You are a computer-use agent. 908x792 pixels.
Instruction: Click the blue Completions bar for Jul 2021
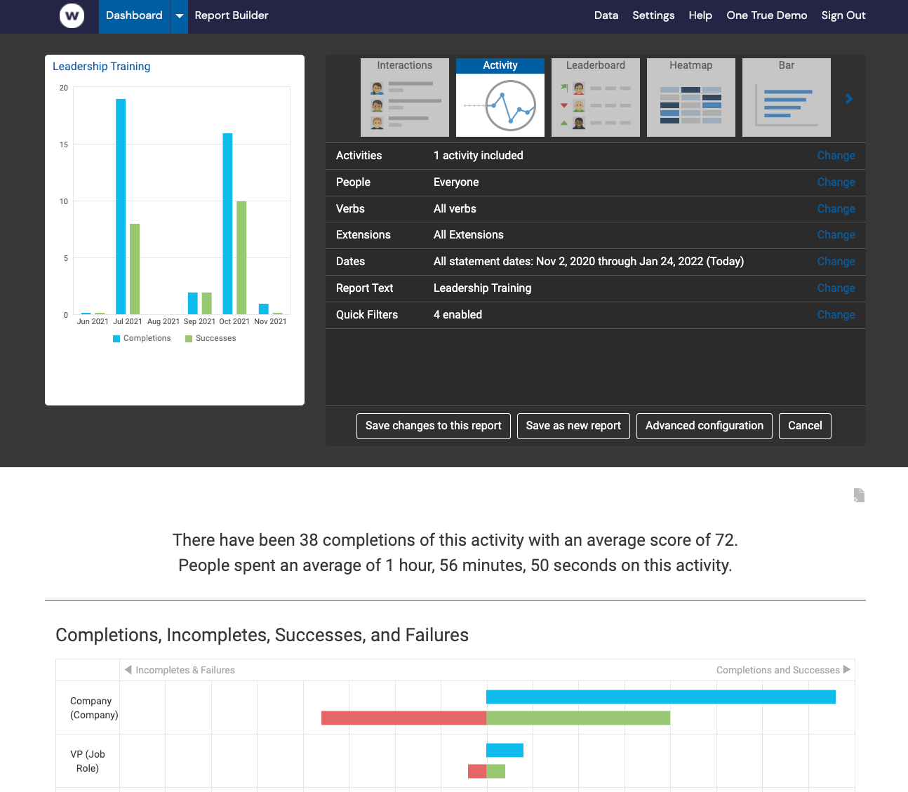(121, 206)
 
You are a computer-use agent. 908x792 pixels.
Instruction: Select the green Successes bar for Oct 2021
(241, 257)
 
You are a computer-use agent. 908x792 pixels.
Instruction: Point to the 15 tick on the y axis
(64, 145)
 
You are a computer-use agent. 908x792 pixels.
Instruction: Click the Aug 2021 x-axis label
(163, 321)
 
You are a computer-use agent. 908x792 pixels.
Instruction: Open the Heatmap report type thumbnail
(690, 98)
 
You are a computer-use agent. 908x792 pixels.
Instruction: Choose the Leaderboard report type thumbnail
(595, 98)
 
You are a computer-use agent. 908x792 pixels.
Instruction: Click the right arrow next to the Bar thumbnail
(849, 99)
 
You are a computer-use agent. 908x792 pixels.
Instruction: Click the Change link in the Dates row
(836, 262)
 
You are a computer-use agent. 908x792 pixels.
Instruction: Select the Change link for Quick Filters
(836, 315)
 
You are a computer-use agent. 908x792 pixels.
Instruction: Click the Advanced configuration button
(704, 426)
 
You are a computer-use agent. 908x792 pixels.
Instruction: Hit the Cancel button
(805, 426)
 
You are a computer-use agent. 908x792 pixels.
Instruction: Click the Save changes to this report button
(433, 426)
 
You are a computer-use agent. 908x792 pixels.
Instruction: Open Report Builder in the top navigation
(232, 15)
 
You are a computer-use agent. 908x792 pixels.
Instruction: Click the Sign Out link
(843, 15)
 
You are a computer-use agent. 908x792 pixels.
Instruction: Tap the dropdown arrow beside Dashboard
(180, 16)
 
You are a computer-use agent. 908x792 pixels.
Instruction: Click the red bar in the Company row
(403, 718)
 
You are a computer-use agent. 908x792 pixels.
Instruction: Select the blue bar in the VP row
(505, 750)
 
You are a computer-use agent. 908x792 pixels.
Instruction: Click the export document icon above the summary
(859, 495)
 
